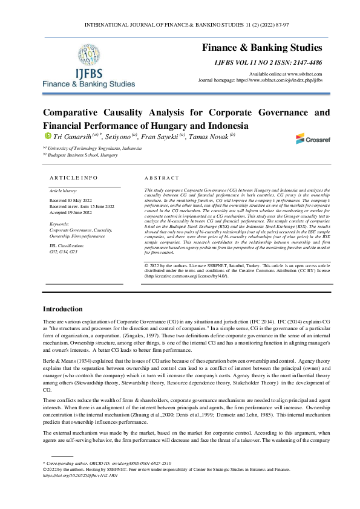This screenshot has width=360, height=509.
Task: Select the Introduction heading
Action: click(67, 308)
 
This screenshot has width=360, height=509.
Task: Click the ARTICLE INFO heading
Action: click(73, 178)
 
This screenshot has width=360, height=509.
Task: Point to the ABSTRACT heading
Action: click(162, 178)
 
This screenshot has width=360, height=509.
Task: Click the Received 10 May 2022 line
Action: click(71, 200)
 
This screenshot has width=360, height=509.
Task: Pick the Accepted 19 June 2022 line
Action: click(71, 212)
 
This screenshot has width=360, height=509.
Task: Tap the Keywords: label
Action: click(61, 224)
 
